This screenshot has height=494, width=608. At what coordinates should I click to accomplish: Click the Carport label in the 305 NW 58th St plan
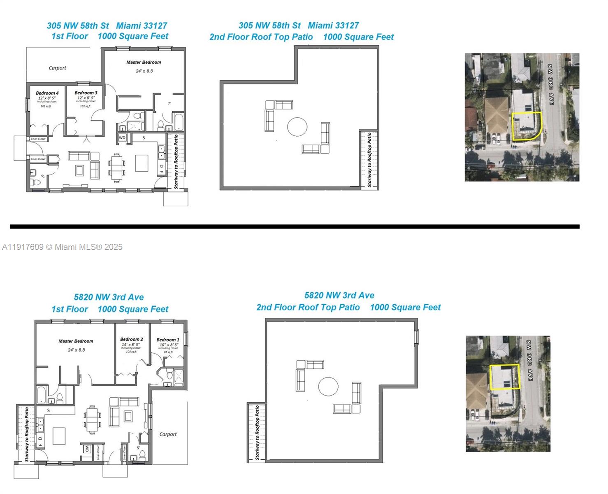point(57,68)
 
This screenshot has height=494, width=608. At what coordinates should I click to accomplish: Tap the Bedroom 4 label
point(47,93)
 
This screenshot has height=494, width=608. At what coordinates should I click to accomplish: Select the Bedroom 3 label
point(86,93)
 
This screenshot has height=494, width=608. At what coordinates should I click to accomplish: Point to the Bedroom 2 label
point(132,339)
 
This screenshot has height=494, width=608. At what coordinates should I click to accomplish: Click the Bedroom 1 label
point(168,340)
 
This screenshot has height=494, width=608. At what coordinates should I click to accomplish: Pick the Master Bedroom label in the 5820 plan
point(76,341)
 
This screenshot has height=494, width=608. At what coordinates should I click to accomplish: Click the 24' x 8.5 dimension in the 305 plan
point(144,71)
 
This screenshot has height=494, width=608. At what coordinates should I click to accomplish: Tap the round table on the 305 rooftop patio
point(297,127)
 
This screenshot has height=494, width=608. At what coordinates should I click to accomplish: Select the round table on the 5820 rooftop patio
point(328,387)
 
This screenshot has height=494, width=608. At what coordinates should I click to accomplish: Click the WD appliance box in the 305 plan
point(122,137)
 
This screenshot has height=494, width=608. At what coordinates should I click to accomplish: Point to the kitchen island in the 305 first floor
point(142,163)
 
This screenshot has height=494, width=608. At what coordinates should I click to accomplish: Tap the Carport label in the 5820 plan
point(168,434)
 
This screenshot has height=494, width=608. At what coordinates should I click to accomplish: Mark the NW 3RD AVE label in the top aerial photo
point(550,84)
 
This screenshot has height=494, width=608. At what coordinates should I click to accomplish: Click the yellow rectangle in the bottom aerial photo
point(505,377)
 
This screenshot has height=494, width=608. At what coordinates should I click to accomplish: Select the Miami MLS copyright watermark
point(63,247)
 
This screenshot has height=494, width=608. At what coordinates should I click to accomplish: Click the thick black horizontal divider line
point(295,226)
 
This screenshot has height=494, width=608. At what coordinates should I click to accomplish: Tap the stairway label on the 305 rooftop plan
point(369,160)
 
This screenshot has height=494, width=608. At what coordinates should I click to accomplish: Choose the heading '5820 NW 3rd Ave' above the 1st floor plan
point(109,297)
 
